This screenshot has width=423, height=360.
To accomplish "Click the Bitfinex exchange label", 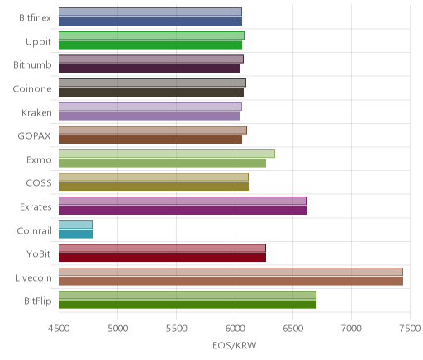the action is [35, 18].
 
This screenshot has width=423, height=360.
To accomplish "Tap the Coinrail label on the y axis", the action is [34, 230].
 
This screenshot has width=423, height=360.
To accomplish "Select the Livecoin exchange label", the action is [33, 278].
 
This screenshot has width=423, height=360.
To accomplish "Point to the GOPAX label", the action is [34, 136].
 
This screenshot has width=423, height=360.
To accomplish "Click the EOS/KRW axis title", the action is [235, 345].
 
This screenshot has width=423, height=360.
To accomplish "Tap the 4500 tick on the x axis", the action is [59, 329].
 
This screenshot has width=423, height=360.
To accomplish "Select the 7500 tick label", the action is [410, 329].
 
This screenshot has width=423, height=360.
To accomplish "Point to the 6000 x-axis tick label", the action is [235, 329].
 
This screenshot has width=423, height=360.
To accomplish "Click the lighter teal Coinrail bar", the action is [75, 225].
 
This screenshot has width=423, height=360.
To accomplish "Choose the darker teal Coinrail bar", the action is [75, 234].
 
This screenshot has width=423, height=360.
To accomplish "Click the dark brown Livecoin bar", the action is [231, 282].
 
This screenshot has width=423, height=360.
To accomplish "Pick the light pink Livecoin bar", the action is [231, 272].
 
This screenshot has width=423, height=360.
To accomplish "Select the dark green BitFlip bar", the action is [188, 305].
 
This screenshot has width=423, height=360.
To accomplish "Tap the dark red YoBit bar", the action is [162, 258].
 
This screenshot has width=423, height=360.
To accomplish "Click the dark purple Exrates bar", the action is [183, 211].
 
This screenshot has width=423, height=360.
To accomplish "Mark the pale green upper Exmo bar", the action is [167, 154].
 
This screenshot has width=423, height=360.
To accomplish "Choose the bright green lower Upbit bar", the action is [150, 45].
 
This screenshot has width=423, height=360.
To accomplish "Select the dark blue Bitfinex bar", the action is [150, 21].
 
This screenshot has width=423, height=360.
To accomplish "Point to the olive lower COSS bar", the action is [154, 187].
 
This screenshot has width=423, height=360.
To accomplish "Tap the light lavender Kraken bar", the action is [150, 107].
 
